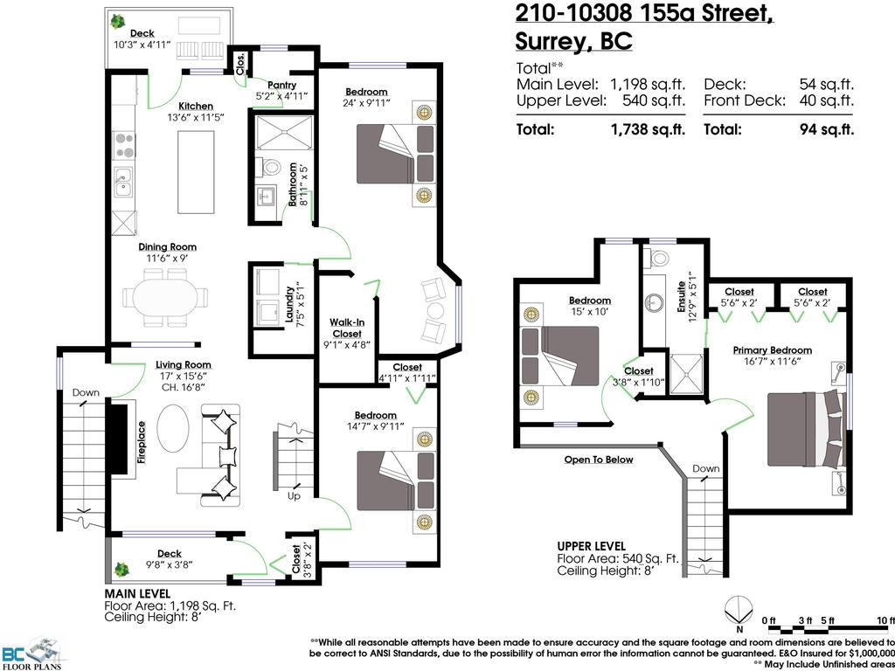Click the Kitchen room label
pyautogui.click(x=196, y=107)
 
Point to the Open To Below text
pyautogui.click(x=598, y=460)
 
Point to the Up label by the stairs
pyautogui.click(x=295, y=496)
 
